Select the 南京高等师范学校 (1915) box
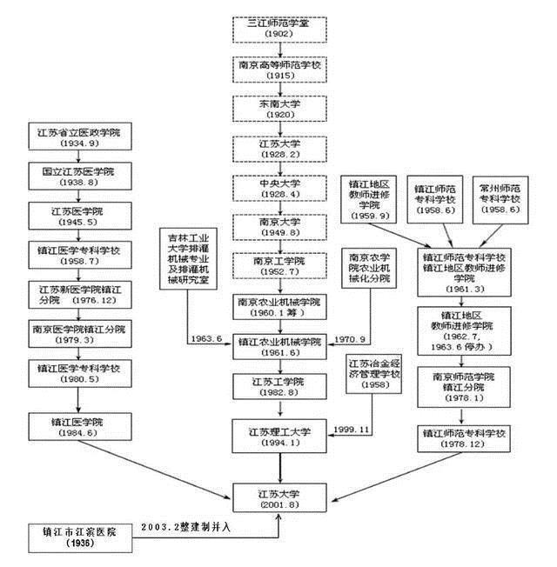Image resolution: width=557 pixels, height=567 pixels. (279, 69)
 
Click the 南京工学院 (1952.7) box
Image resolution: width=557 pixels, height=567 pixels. (279, 265)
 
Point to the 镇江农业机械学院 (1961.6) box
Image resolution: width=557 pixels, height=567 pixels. (279, 345)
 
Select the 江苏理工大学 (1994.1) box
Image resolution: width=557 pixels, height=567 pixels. (279, 432)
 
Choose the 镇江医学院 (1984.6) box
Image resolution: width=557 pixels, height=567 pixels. (79, 426)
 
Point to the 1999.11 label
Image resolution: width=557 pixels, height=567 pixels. (352, 429)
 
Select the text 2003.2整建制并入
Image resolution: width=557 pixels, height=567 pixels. (207, 526)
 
